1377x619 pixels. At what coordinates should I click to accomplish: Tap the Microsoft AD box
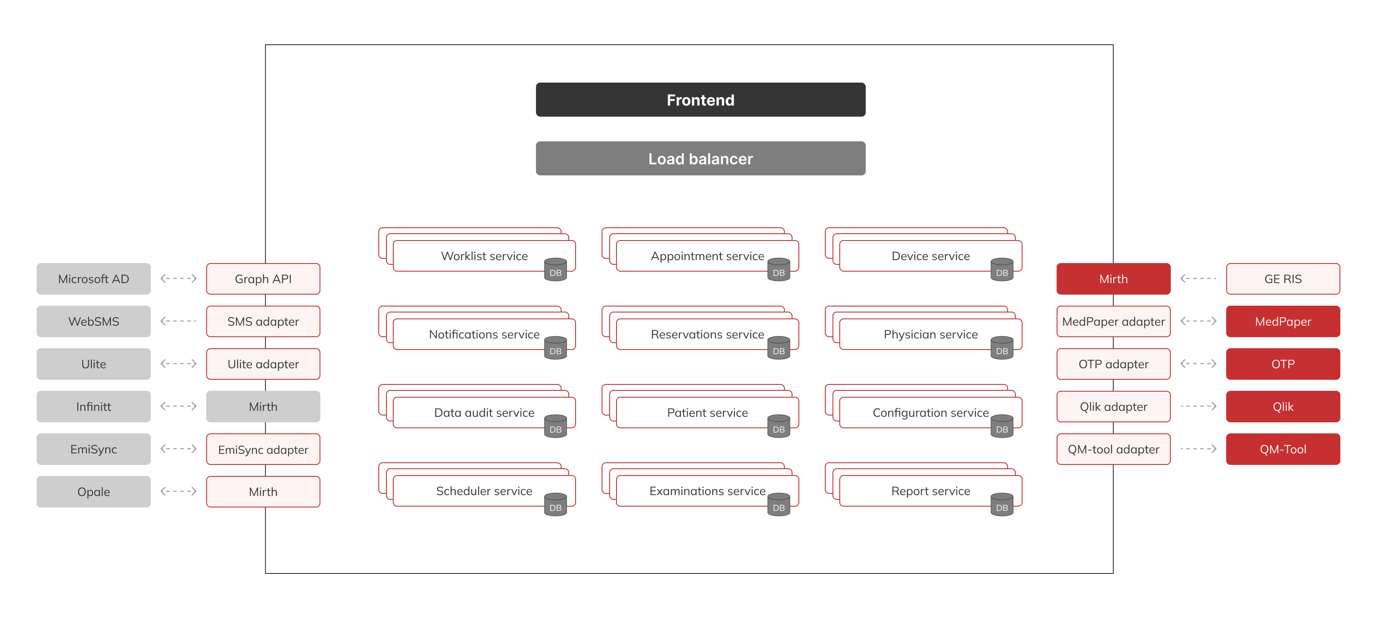[94, 279]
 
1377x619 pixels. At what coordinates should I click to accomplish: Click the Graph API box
[263, 279]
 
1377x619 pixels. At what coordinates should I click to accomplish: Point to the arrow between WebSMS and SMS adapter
[179, 321]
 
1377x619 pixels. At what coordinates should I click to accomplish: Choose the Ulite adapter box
[263, 364]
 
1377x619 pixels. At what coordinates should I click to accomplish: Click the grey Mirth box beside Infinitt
[263, 407]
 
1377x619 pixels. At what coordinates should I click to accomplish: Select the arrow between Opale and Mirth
[179, 491]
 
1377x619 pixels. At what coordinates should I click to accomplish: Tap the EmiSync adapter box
[263, 449]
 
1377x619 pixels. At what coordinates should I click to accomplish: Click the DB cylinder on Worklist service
[556, 269]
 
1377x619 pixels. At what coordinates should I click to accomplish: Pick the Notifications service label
[484, 334]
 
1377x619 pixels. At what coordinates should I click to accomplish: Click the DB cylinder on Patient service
[779, 426]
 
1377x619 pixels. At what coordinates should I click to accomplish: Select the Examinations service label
[707, 491]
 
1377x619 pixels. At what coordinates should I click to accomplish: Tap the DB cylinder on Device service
[1002, 269]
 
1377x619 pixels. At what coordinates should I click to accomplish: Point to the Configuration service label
[930, 413]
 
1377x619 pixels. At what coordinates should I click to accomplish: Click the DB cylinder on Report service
[1002, 504]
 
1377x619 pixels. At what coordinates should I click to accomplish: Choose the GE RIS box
[1283, 279]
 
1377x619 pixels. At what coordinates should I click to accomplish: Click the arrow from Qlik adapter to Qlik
[1198, 407]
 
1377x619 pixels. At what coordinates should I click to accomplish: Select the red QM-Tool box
[1283, 449]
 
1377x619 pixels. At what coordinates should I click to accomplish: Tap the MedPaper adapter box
[1113, 321]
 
